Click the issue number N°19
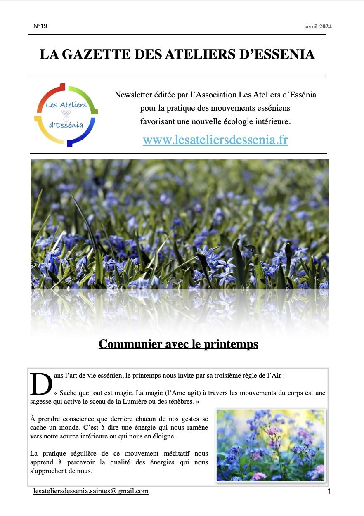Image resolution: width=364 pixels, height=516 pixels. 40,26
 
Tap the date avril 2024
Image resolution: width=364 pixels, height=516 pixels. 318,27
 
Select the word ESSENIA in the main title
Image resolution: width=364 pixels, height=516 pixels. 281,54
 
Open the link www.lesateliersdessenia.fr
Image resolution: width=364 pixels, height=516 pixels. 215,140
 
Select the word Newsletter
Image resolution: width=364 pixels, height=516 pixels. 133,95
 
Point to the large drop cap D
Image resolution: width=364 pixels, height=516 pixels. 41,384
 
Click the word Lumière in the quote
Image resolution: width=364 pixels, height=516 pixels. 137,402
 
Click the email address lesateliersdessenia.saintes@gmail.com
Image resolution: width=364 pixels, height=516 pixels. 91,491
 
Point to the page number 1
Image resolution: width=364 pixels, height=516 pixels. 329,491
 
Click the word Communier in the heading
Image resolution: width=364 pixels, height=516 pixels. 128,344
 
